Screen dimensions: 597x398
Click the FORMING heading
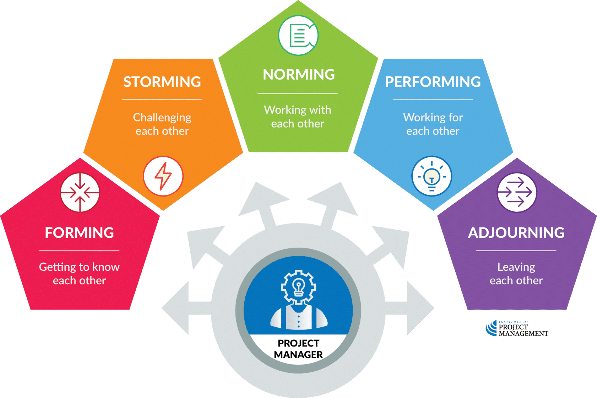pyautogui.click(x=80, y=233)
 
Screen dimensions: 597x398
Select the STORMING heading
pyautogui.click(x=162, y=82)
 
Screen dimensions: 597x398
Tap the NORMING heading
pyautogui.click(x=299, y=74)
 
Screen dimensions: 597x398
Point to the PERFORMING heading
pyautogui.click(x=433, y=82)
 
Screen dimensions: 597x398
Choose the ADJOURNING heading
pyautogui.click(x=516, y=233)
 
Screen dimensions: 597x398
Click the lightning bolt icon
pyautogui.click(x=163, y=176)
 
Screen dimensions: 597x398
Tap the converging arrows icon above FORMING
pyautogui.click(x=80, y=192)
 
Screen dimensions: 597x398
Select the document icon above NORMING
pyautogui.click(x=298, y=35)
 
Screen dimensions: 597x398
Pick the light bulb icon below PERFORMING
pyautogui.click(x=432, y=176)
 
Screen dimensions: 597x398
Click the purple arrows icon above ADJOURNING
pyautogui.click(x=517, y=192)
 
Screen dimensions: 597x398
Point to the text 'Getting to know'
pyautogui.click(x=80, y=267)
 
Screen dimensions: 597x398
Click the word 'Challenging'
pyautogui.click(x=162, y=118)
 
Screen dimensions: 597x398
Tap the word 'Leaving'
pyautogui.click(x=516, y=267)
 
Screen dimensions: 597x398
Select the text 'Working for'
pyautogui.click(x=433, y=117)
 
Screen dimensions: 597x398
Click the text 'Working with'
pyautogui.click(x=297, y=110)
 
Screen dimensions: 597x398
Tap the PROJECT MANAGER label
pyautogui.click(x=298, y=349)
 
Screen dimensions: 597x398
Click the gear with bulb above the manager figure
pyautogui.click(x=298, y=287)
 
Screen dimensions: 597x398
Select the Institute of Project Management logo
pyautogui.click(x=517, y=328)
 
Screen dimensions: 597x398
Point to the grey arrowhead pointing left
pyautogui.click(x=175, y=308)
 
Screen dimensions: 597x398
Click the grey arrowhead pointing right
pyautogui.click(x=420, y=308)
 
